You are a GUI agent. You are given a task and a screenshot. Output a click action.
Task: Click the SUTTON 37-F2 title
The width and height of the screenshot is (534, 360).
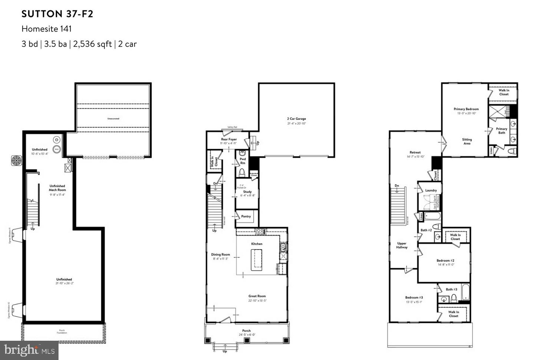pyautogui.click(x=57, y=14)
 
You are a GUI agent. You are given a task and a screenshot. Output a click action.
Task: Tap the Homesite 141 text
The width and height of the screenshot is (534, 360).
pyautogui.click(x=46, y=29)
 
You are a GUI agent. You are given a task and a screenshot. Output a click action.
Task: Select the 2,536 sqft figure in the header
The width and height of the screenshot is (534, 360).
pyautogui.click(x=92, y=44)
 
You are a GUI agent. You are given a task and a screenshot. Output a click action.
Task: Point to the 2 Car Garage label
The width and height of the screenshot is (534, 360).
pyautogui.click(x=296, y=119)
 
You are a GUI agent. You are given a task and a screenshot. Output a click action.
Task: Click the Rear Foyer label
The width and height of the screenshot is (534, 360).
pyautogui.click(x=229, y=139)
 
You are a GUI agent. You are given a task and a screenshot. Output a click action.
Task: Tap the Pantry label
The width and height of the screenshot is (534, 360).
pyautogui.click(x=246, y=217)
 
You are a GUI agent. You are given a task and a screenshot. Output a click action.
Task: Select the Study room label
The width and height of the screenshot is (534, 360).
pyautogui.click(x=247, y=192)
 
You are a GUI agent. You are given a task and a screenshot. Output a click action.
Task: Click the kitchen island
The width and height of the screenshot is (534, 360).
pyautogui.click(x=256, y=260)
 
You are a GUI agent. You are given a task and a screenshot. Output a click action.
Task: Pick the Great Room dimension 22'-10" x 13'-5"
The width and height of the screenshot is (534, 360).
pyautogui.click(x=257, y=301)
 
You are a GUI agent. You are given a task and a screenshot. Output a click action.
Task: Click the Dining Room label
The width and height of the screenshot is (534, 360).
pyautogui.click(x=221, y=255)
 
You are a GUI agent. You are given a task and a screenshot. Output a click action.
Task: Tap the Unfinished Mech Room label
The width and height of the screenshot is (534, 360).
pyautogui.click(x=57, y=188)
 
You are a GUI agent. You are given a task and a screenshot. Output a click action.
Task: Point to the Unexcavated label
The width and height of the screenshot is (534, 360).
pyautogui.click(x=113, y=119)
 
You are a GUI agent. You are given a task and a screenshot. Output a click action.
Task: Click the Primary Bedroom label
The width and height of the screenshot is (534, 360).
pyautogui.click(x=466, y=109)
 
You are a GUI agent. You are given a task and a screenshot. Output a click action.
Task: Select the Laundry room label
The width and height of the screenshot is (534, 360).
pyautogui.click(x=431, y=190)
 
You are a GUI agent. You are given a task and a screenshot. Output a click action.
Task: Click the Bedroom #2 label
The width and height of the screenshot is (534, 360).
pyautogui.click(x=445, y=261)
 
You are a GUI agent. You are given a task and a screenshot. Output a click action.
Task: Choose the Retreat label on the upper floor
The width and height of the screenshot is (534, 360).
pyautogui.click(x=415, y=152)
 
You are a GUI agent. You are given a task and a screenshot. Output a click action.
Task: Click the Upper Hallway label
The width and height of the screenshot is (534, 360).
pyautogui.click(x=402, y=245)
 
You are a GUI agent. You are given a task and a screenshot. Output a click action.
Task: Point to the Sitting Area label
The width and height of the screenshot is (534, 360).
pyautogui.click(x=467, y=141)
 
